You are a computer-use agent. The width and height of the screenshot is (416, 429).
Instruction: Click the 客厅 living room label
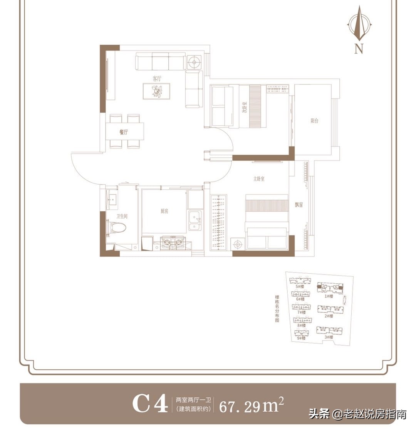coord(156,78)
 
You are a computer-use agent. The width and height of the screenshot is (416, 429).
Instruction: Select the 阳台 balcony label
coord(314,121)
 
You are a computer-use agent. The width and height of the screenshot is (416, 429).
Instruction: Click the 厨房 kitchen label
coord(165,211)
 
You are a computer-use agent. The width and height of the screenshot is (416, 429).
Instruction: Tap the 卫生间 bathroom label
coord(122,217)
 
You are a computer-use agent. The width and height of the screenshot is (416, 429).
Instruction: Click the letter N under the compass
coord(359,49)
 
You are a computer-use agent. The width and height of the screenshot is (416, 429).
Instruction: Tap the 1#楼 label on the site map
coord(328,296)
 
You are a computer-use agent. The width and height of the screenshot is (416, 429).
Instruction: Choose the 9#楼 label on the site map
coord(301,338)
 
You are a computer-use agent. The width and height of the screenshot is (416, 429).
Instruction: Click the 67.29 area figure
coord(240,406)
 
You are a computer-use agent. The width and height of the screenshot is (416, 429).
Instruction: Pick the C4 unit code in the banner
coord(150,404)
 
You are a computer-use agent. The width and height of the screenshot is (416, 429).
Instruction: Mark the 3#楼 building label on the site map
coord(328,337)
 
